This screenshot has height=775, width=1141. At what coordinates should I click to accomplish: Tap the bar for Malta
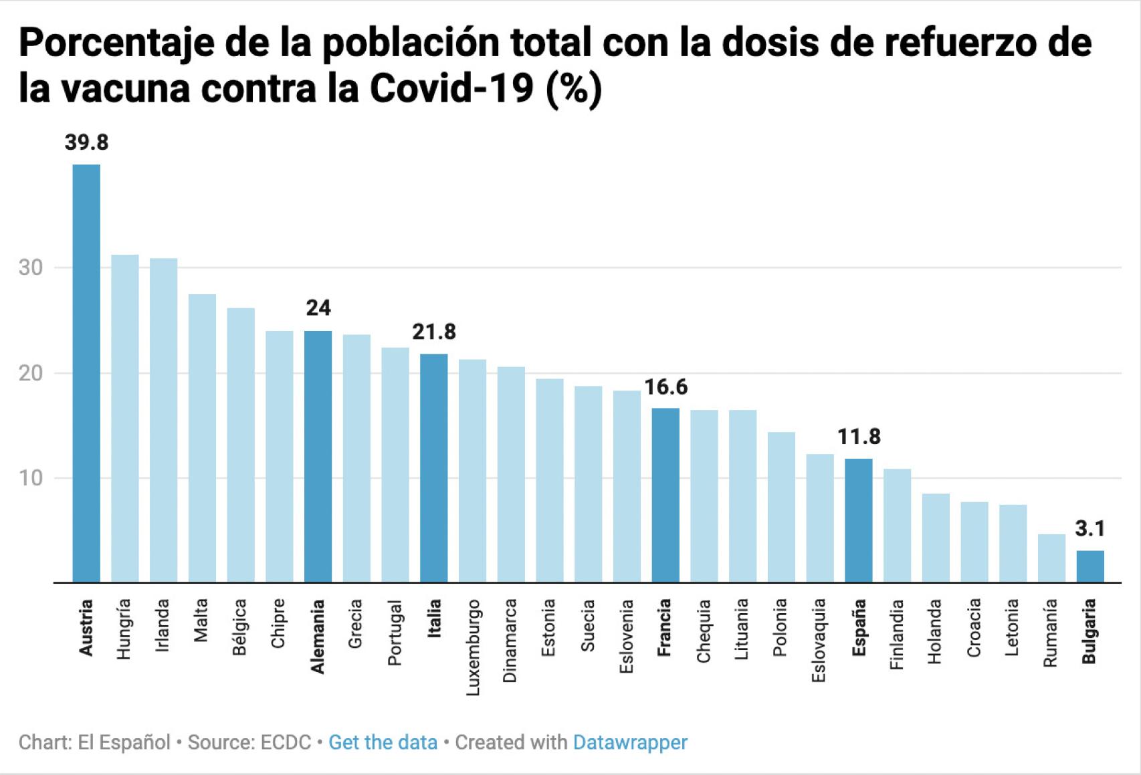(202, 438)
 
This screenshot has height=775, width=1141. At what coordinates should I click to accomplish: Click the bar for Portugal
(395, 465)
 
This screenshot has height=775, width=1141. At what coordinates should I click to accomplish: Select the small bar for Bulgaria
(1090, 566)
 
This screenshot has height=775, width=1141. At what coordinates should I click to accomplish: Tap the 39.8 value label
(86, 142)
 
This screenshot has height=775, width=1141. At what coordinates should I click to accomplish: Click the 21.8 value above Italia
(434, 332)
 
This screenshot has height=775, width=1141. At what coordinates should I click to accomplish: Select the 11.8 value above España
(859, 437)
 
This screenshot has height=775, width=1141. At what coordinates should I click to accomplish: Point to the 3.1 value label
(1090, 529)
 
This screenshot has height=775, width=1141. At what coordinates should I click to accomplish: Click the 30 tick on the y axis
(31, 267)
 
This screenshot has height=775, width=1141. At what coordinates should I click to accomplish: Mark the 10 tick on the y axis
(31, 478)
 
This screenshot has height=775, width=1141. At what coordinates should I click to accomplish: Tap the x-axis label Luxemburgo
(473, 647)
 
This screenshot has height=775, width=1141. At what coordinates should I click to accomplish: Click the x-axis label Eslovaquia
(819, 640)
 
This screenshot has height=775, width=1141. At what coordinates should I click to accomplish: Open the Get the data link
(383, 742)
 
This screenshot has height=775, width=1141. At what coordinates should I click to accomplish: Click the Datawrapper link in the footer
(630, 742)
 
